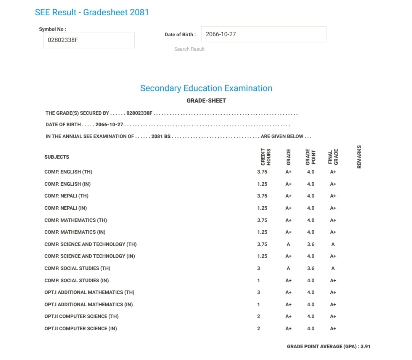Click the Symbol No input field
89,40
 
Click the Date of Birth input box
263,34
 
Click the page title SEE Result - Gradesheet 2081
92,12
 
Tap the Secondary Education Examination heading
206,88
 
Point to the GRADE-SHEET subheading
206,101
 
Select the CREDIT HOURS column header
266,156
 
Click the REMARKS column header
359,156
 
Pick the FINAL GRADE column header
333,156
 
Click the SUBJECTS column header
57,157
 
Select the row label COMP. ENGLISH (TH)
68,172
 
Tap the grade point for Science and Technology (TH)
311,244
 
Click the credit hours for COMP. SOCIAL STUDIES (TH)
259,268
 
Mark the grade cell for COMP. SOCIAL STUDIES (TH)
288,268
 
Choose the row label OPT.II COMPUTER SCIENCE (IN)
80,328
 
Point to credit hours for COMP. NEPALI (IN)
262,208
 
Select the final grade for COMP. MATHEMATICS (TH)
333,220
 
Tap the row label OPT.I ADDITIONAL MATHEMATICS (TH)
89,292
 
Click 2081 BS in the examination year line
161,136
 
